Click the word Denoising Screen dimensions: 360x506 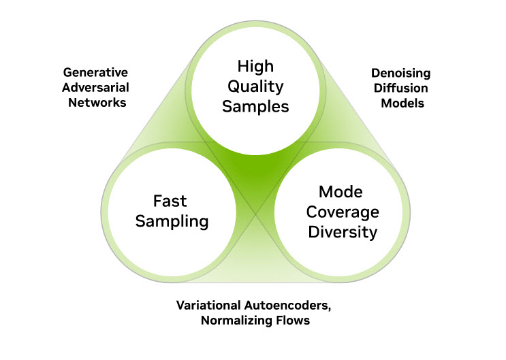pos(398,71)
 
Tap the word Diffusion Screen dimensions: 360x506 pos(398,87)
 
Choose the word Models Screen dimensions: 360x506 pos(398,103)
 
